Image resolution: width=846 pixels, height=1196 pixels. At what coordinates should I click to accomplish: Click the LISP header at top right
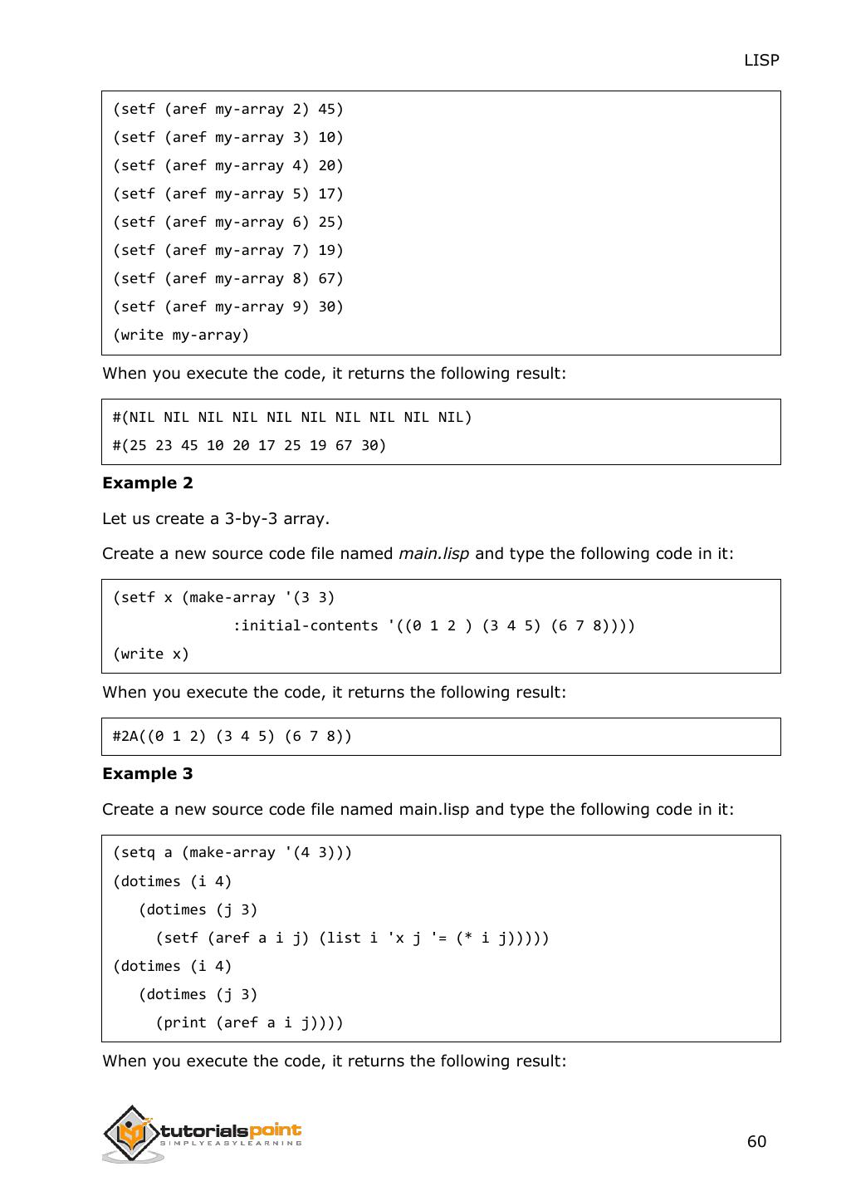pos(760,60)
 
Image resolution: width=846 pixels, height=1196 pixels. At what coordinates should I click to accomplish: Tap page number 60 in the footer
pos(756,1141)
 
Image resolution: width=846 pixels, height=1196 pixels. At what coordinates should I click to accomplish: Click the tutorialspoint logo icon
pos(131,1133)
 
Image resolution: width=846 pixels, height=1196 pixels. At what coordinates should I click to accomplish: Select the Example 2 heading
pos(147,483)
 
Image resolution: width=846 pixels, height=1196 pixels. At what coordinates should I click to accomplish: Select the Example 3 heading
pos(147,774)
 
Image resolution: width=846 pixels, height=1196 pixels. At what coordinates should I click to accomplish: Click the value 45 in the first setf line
pos(327,110)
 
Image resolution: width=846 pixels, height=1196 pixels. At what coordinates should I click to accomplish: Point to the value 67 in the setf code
pos(327,279)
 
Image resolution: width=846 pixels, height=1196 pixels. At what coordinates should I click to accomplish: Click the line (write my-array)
pos(181,336)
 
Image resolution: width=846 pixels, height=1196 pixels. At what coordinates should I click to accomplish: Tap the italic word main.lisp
pos(433,554)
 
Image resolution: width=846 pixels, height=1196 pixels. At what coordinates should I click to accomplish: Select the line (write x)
pos(151,654)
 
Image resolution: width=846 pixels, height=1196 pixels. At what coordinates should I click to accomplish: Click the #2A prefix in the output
pos(125,737)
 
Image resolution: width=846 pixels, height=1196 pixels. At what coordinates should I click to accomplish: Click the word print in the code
pos(185,1023)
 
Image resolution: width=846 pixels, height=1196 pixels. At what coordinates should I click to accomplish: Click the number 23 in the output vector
pos(164,446)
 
